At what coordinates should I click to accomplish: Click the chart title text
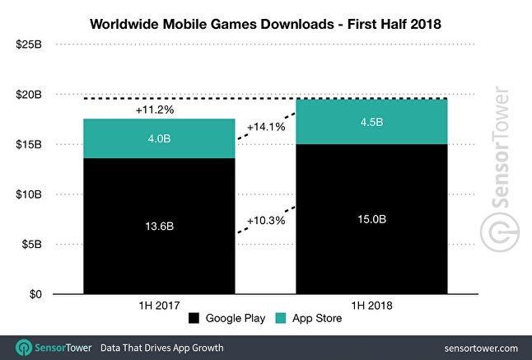(x=265, y=24)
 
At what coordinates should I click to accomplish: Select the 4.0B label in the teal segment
(x=160, y=139)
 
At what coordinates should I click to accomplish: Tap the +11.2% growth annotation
(x=160, y=109)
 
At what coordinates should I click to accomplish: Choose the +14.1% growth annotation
(x=265, y=128)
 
